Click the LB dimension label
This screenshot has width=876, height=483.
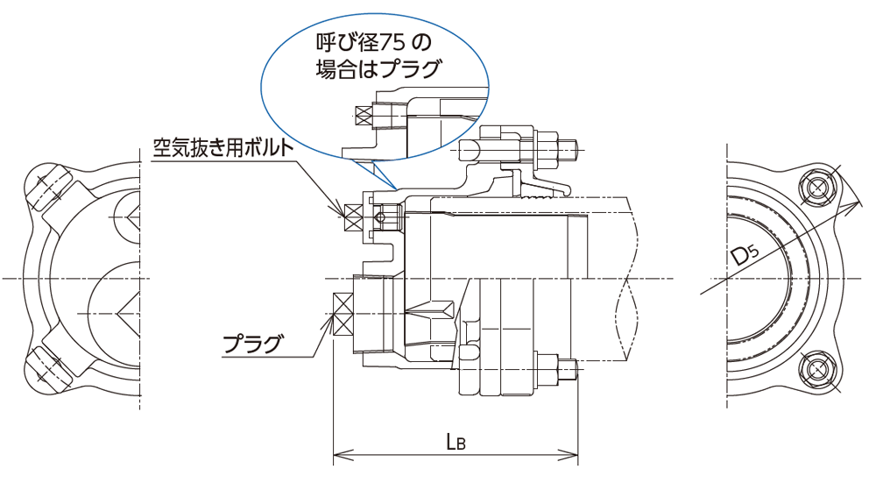click(455, 443)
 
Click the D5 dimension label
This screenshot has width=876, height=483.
click(745, 257)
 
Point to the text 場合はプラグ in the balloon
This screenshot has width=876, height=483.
click(376, 69)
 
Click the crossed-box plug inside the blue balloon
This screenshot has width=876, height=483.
click(362, 114)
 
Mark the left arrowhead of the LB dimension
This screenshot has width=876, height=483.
click(338, 455)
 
